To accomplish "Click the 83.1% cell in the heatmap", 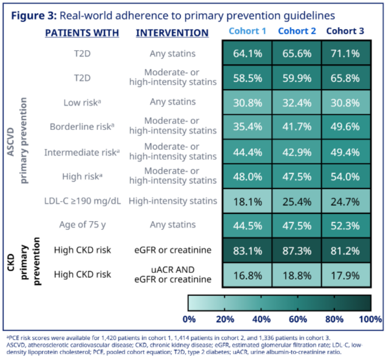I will click(247, 250).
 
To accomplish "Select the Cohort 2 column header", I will click(297, 31).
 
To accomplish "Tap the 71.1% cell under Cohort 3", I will click(345, 53).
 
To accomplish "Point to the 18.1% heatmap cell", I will click(247, 202).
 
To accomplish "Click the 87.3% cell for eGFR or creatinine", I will click(297, 250).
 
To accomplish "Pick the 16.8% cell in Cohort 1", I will click(247, 275).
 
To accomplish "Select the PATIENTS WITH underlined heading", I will click(82, 33).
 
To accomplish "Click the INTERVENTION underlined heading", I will click(172, 33).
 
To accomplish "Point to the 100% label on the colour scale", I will click(370, 319).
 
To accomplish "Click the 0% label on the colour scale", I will click(189, 319).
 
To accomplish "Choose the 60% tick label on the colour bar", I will click(298, 319).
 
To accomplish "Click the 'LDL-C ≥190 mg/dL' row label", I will click(83, 201).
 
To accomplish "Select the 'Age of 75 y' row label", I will click(83, 225).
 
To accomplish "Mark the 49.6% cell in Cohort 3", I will click(345, 127).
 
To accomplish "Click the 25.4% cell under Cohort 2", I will click(297, 202).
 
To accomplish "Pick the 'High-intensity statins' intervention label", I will click(173, 201).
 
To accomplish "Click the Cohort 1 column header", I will click(247, 31).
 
